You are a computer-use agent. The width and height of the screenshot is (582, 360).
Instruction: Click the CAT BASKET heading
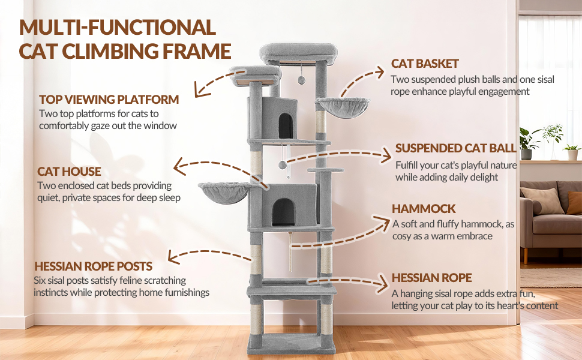coord(425,64)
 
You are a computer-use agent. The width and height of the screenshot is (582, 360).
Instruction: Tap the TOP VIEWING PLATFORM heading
coord(109,100)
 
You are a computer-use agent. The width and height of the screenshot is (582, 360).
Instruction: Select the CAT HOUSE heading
coord(69,172)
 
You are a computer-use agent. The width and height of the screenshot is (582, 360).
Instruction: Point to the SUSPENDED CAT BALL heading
coord(456,148)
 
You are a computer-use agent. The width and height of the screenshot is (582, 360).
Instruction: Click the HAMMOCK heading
coord(424,209)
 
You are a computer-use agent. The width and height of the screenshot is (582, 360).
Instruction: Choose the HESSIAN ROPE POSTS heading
coord(93,266)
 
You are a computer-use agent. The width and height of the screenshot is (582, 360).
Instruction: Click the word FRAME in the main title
coord(197,51)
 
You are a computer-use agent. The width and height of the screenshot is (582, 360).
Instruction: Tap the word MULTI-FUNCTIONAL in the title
coord(117,27)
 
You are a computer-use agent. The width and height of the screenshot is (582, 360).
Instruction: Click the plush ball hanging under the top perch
coord(302,80)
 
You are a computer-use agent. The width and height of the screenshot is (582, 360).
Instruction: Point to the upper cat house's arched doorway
coord(286,125)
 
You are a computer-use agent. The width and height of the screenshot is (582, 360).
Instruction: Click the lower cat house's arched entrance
coord(283,212)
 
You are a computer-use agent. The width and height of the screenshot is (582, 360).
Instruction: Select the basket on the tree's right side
coord(343,107)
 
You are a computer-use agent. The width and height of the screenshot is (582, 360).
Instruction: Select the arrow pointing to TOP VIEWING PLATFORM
coord(219,82)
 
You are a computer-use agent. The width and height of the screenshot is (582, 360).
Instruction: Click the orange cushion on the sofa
coord(575,203)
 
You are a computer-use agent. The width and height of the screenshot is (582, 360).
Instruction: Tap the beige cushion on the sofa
coord(542,200)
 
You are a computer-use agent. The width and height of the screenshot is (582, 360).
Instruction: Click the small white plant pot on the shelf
coord(572,154)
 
